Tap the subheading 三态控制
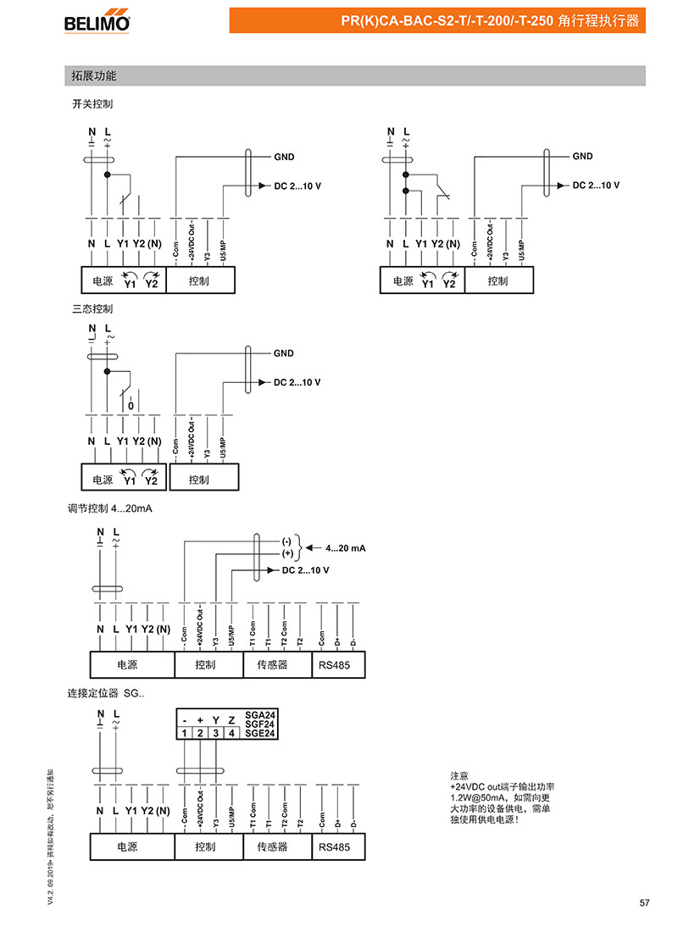[x=92, y=308]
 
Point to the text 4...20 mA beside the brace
[x=345, y=548]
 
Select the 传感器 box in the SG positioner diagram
[x=272, y=846]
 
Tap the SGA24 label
[x=259, y=714]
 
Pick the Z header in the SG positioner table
[x=231, y=720]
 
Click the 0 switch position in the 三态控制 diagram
[x=131, y=406]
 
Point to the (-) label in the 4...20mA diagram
[x=286, y=541]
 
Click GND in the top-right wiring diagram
[x=582, y=157]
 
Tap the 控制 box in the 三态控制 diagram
[x=200, y=480]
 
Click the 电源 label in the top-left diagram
[x=102, y=280]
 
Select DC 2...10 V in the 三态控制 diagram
[x=297, y=382]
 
